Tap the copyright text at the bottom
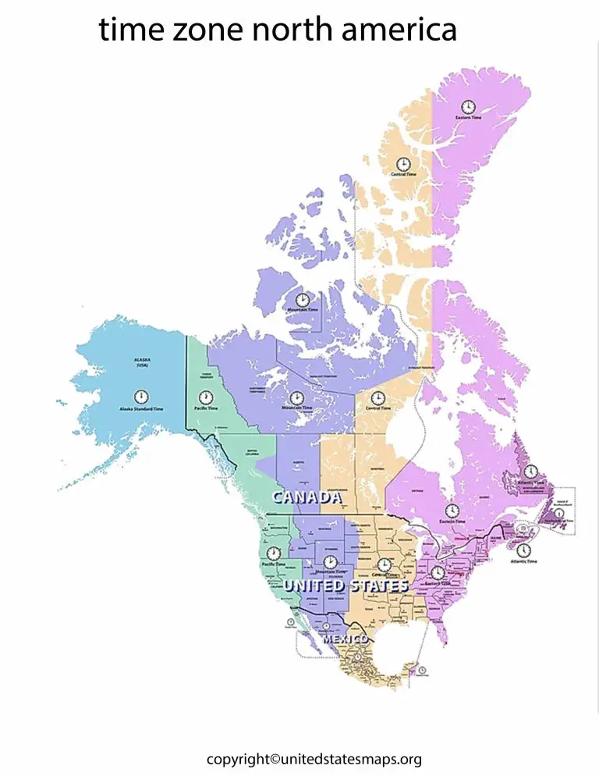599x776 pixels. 314,759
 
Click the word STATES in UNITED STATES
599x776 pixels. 377,586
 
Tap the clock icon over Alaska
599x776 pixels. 141,397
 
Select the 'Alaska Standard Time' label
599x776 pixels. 141,410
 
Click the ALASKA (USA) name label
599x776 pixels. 141,363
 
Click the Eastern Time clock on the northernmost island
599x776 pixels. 468,106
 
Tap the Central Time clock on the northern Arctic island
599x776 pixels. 403,163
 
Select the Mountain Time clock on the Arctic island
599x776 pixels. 302,299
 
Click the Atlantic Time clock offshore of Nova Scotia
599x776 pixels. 523,550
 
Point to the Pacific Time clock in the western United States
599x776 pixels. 274,553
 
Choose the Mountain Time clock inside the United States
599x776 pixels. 330,561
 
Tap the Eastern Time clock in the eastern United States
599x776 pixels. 438,572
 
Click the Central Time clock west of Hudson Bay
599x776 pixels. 377,397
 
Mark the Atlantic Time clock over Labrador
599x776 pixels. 530,472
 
